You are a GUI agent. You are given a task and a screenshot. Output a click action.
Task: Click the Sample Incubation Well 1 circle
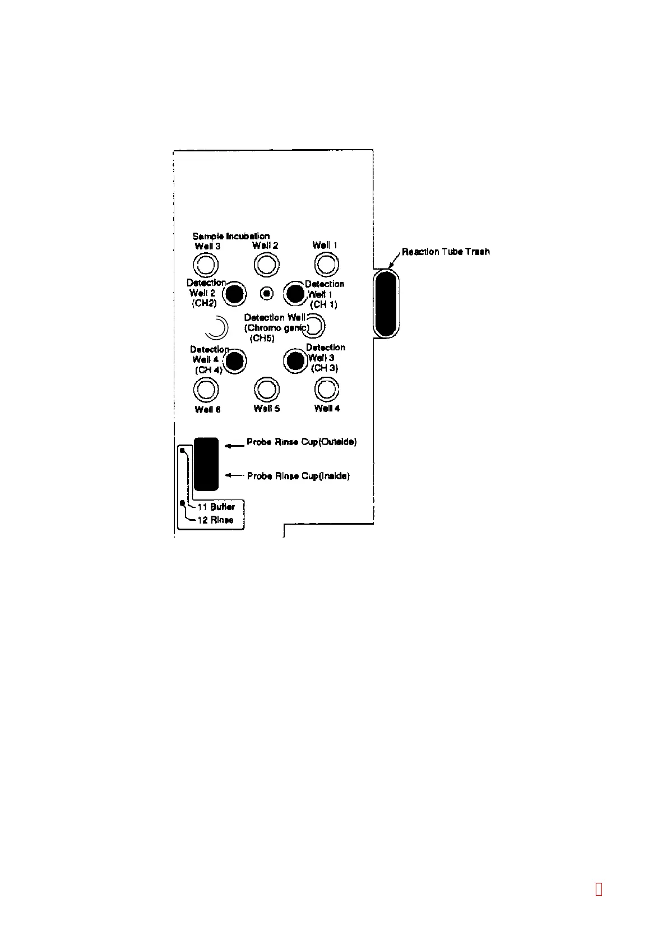[326, 264]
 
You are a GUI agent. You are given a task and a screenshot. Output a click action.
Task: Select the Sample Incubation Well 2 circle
[266, 265]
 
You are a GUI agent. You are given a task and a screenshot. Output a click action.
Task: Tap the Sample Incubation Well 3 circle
[205, 265]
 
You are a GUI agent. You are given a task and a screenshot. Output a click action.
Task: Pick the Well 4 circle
[327, 389]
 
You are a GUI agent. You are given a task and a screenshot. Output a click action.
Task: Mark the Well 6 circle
[206, 389]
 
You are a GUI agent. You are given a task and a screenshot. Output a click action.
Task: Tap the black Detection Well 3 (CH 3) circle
[294, 360]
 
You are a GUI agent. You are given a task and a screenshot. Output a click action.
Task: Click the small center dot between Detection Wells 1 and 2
[268, 293]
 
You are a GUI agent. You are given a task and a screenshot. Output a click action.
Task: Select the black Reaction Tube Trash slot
[386, 303]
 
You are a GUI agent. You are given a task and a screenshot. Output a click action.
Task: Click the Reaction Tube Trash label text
[446, 252]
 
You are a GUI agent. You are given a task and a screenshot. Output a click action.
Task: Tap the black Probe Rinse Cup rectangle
[206, 464]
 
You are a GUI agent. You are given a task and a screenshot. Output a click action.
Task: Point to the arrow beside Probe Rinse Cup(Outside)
[234, 446]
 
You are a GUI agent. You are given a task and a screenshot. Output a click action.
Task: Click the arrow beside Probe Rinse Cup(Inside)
[234, 475]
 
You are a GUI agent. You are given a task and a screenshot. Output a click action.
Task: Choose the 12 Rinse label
[215, 520]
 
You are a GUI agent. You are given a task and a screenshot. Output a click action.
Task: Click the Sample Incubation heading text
[231, 236]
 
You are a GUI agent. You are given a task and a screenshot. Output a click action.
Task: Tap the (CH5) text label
[262, 339]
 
